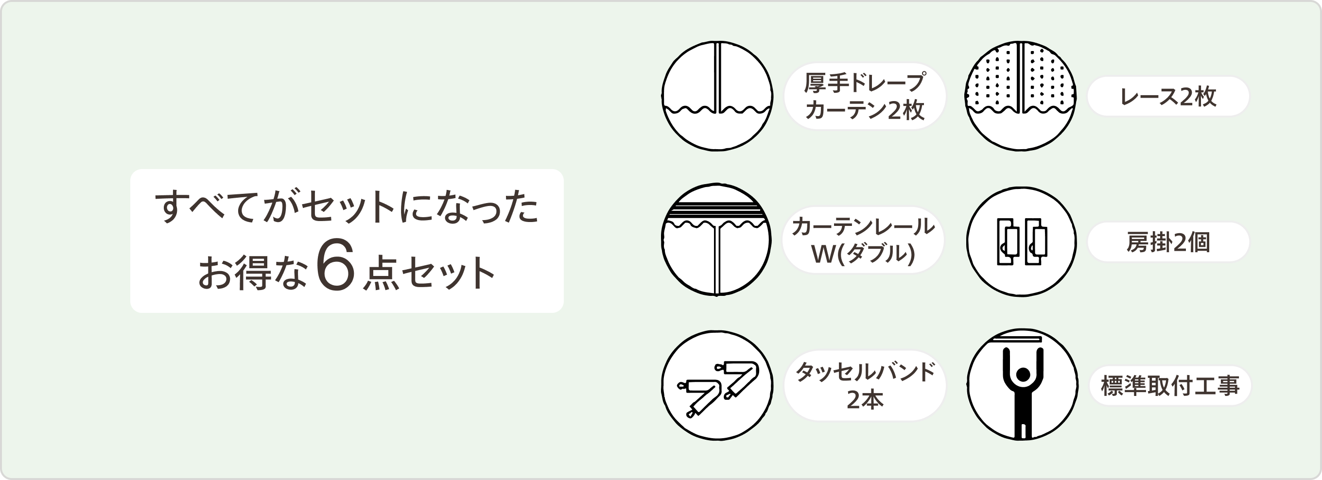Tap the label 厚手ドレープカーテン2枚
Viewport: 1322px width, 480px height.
(865, 96)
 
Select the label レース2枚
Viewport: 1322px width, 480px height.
(1168, 96)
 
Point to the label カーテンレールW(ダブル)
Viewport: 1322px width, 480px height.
(863, 240)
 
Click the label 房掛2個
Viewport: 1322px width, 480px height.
(1168, 242)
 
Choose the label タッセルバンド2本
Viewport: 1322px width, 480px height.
(865, 386)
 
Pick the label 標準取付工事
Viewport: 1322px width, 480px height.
(1170, 386)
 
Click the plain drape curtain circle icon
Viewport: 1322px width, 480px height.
(717, 96)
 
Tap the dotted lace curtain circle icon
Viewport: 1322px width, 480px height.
(1021, 96)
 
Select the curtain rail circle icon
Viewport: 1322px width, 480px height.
(716, 240)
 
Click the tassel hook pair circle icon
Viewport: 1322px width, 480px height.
(1021, 241)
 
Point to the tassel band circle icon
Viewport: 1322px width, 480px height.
(717, 386)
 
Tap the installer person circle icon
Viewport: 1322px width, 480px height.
(1022, 385)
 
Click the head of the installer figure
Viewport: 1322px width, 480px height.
(1023, 375)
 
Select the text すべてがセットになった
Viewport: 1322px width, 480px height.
(347, 206)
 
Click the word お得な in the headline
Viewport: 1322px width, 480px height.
(253, 272)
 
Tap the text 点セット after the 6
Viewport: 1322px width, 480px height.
(429, 273)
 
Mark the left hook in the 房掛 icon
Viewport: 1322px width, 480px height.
(1007, 241)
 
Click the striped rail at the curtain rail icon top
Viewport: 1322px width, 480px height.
(716, 209)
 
